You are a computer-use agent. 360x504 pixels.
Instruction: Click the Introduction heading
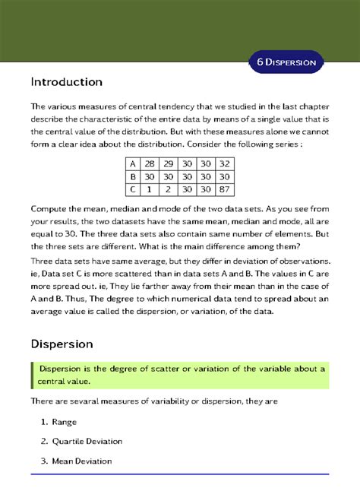[x=66, y=81]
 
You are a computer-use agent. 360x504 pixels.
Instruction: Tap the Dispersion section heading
[x=62, y=344]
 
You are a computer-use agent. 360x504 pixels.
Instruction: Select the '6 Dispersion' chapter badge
[x=286, y=62]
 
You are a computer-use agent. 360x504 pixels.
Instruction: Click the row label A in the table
[x=133, y=163]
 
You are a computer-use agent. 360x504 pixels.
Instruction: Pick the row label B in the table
[x=133, y=176]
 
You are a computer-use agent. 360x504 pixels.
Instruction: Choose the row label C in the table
[x=133, y=189]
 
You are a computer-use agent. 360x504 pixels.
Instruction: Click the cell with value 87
[x=223, y=189]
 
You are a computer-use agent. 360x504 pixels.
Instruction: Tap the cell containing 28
[x=150, y=163]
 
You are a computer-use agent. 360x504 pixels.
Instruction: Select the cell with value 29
[x=169, y=163]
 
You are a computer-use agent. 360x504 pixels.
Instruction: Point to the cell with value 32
[x=223, y=163]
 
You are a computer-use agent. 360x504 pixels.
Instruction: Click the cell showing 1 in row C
[x=150, y=189]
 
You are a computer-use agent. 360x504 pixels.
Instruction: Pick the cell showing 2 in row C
[x=169, y=189]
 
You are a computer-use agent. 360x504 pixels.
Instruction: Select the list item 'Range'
[x=65, y=422]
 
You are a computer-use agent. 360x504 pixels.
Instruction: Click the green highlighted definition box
[x=179, y=375]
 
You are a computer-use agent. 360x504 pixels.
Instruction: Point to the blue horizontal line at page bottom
[x=179, y=474]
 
